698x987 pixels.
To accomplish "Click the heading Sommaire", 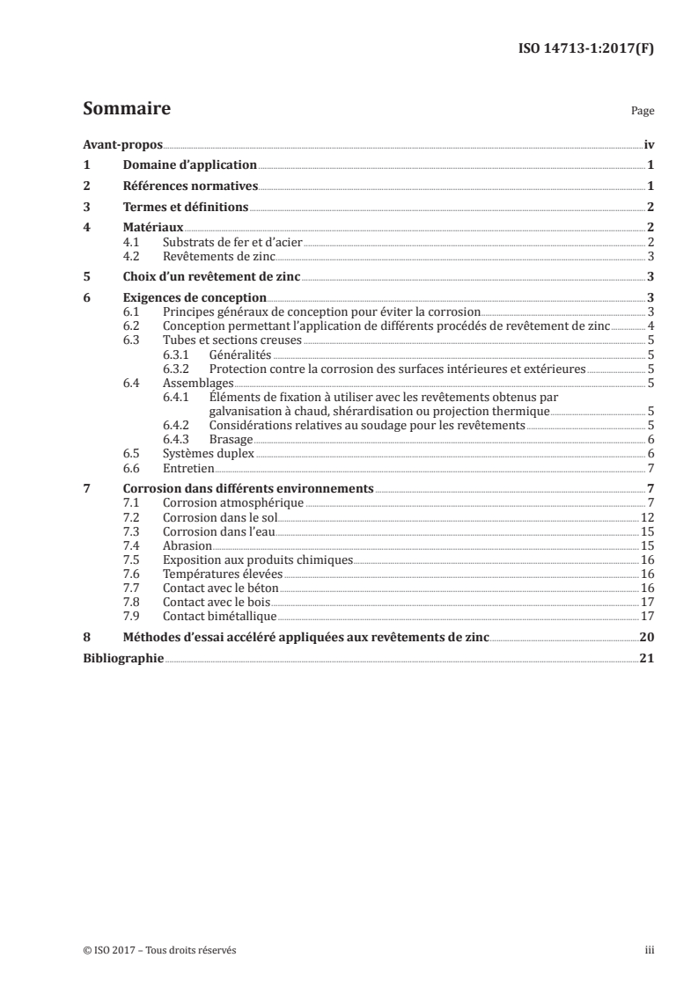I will click(x=126, y=110).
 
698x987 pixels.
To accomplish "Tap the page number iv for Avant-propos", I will click(x=649, y=145).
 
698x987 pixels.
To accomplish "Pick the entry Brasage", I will click(x=231, y=440).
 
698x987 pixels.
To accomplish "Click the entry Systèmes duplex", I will click(x=209, y=454).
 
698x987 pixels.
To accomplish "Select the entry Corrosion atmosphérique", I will click(x=233, y=503).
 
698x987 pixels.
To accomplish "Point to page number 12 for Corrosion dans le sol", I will click(x=646, y=517).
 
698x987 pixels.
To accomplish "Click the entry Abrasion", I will click(x=187, y=545).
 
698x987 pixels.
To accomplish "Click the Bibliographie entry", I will click(x=122, y=659).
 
